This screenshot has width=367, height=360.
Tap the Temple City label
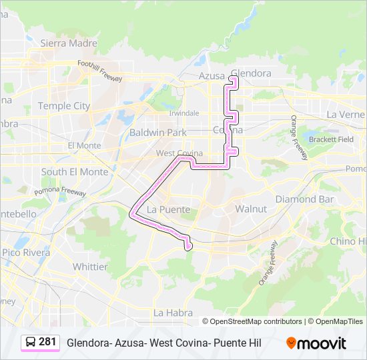(63, 105)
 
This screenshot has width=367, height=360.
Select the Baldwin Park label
(158, 132)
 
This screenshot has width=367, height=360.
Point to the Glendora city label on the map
(251, 73)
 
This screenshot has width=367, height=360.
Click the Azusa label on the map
(212, 76)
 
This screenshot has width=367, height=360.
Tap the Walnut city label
(251, 209)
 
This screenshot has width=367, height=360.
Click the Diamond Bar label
(304, 199)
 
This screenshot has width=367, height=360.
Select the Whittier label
(90, 266)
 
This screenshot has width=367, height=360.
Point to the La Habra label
(173, 312)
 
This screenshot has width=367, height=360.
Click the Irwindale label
(183, 113)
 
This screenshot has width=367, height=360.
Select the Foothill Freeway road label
(99, 70)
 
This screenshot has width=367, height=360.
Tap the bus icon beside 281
(31, 342)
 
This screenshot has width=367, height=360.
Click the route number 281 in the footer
(47, 342)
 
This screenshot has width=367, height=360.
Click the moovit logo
(316, 343)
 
